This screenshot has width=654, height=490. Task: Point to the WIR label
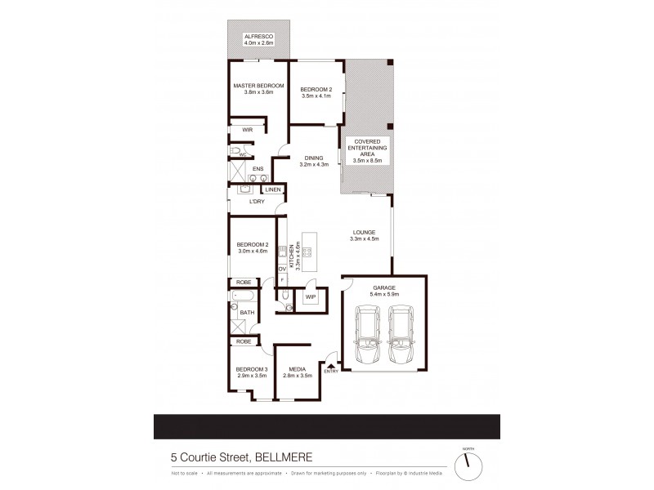[x=247, y=130]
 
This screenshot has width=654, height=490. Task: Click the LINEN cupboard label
[x=273, y=189]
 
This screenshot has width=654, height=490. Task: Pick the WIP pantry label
[x=310, y=297]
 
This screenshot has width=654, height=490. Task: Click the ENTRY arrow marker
[x=330, y=366]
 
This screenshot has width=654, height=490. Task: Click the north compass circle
[x=468, y=463]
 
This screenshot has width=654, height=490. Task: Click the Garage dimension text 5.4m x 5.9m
[x=383, y=294]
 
